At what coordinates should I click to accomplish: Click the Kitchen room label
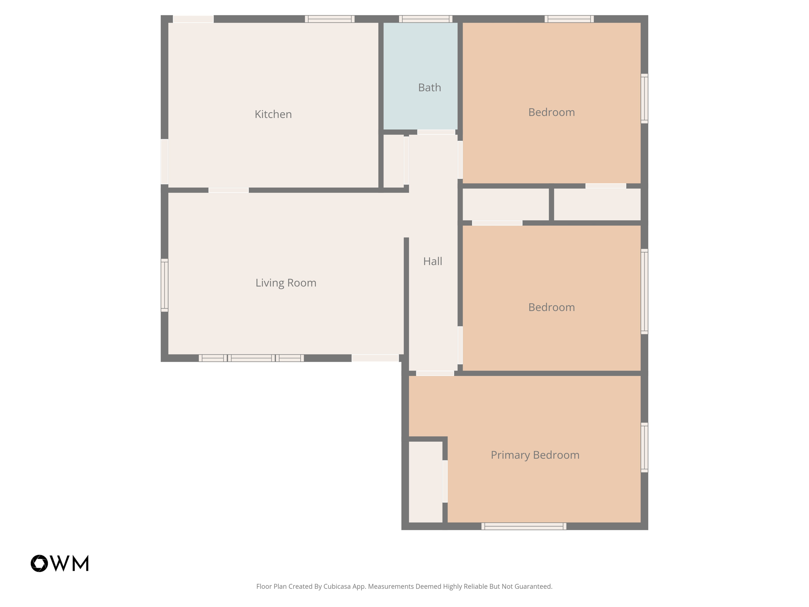click(273, 114)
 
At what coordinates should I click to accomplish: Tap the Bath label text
click(429, 87)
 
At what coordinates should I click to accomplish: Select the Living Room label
click(286, 283)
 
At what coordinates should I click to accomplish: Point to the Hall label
click(433, 261)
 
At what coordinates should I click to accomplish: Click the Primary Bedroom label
click(535, 455)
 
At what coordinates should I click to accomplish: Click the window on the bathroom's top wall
click(425, 19)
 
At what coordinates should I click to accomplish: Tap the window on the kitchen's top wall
click(329, 19)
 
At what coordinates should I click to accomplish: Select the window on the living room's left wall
click(164, 285)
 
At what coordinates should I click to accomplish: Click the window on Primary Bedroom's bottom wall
click(523, 526)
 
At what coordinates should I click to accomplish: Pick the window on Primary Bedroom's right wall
click(644, 447)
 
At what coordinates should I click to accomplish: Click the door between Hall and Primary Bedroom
click(435, 373)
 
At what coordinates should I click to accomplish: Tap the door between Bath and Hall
click(436, 132)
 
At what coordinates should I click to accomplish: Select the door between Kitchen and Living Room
click(228, 190)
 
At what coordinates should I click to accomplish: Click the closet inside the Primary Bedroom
click(425, 482)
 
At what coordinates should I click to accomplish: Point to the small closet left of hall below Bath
click(393, 161)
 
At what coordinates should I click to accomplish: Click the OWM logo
click(60, 563)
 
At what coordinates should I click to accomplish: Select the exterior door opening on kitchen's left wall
click(164, 161)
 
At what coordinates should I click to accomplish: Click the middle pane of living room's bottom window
click(251, 358)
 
